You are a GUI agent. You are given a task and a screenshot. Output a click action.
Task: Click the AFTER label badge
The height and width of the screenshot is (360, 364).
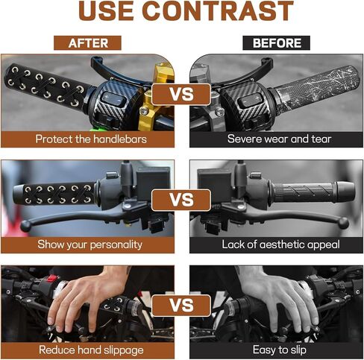(87, 43)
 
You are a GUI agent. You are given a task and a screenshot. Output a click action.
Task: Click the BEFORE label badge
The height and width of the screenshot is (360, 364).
(276, 43)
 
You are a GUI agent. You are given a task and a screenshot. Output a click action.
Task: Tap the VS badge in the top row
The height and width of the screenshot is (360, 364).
(181, 95)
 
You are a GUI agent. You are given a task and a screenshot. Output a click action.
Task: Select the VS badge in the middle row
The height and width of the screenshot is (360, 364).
(181, 200)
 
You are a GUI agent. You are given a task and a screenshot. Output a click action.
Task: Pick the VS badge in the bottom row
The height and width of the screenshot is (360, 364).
(181, 306)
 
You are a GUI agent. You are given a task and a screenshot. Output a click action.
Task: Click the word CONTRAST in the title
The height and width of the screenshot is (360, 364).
(218, 11)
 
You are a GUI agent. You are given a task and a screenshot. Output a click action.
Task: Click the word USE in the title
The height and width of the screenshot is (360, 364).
(106, 11)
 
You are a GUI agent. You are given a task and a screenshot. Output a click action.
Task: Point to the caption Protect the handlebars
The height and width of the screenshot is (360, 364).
(91, 139)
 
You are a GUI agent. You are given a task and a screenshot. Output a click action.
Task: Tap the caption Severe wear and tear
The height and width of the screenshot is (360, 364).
(279, 139)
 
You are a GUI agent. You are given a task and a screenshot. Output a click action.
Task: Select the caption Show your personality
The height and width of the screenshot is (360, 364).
(90, 244)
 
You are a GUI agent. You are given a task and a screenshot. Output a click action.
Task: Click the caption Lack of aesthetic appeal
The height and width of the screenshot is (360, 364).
(280, 244)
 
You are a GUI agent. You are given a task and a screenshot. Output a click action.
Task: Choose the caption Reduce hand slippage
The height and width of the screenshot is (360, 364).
(91, 350)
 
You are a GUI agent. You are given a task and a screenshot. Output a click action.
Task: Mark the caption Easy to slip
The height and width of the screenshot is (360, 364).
(279, 350)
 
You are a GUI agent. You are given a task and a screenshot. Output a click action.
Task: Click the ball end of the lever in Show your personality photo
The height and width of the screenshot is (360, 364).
(25, 226)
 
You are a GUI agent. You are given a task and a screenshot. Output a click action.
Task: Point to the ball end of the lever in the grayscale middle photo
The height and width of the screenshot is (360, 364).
(343, 223)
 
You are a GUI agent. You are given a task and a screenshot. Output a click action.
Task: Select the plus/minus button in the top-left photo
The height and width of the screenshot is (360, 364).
(113, 98)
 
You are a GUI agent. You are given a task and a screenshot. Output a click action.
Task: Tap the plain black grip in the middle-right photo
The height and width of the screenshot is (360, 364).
(313, 192)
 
